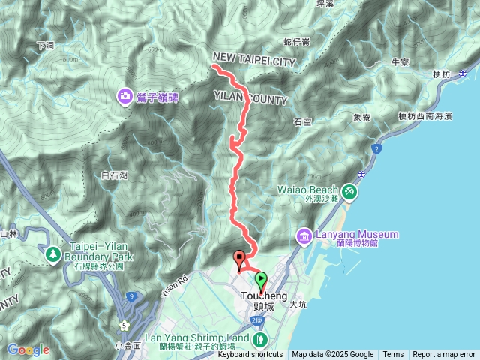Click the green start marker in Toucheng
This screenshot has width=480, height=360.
click(x=261, y=281)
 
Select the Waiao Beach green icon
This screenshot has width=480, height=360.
click(x=349, y=193)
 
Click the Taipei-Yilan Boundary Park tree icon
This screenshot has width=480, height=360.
click(x=54, y=256)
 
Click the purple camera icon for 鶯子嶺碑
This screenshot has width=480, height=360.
click(x=124, y=96)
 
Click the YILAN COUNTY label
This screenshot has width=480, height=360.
click(x=251, y=97)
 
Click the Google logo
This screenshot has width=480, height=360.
click(x=28, y=349)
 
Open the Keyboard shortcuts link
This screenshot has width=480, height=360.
click(x=246, y=355)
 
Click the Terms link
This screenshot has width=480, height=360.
click(x=393, y=355)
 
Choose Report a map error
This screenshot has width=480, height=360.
click(x=444, y=355)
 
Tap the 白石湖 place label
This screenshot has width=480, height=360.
click(x=114, y=175)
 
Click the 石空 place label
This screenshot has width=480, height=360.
click(x=302, y=120)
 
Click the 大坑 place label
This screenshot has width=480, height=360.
click(x=298, y=304)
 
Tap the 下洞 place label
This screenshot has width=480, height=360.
click(x=45, y=46)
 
